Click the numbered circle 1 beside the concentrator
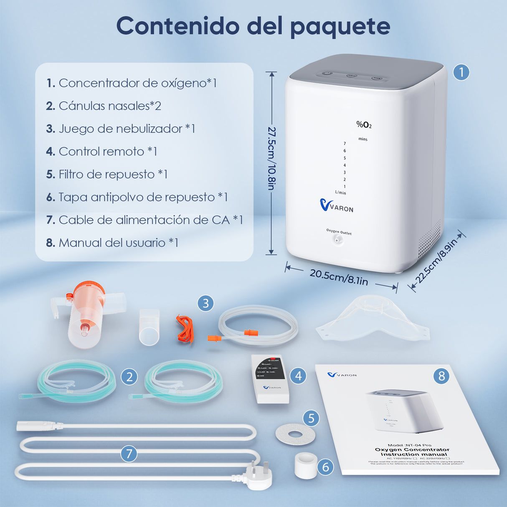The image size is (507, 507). coord(461,72)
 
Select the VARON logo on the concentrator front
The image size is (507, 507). coord(337,205)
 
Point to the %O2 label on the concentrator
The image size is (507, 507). coord(364,124)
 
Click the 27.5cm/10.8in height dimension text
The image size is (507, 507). coord(272,158)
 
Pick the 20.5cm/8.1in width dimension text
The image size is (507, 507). coord(339,277)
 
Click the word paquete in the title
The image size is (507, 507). coord(340,27)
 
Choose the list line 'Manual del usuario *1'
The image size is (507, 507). coord(112,243)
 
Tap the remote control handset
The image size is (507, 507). coord(271,378)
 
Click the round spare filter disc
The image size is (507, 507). coord(295,435)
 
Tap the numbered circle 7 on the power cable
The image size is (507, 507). coord(129,454)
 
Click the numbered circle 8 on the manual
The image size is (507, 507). coord(441,376)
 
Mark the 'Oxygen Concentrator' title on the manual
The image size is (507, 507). coord(412,449)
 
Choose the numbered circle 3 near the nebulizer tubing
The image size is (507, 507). coord(205,303)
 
